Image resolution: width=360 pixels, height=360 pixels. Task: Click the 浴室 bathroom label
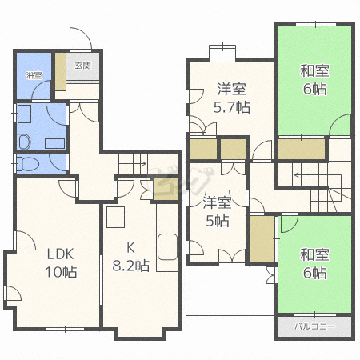coord(34,75)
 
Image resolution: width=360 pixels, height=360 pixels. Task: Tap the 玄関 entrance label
coord(83,66)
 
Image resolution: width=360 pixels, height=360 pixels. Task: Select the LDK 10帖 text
coord(61,263)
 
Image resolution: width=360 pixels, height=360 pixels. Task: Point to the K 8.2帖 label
coord(130,257)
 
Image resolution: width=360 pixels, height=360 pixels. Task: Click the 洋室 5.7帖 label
coord(232,98)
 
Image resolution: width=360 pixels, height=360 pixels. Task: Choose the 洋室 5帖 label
coord(218,211)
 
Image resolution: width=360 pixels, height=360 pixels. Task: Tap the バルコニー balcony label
coord(314,326)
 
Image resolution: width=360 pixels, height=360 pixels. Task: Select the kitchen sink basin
coord(168,247)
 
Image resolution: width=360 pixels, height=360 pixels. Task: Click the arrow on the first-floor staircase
coord(133,163)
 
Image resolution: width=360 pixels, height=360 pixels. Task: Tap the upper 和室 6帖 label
coord(314,80)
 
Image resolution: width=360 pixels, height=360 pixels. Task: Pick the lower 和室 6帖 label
coord(314,263)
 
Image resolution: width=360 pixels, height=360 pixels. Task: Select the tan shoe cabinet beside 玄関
coord(61,71)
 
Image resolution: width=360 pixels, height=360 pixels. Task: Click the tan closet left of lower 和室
coord(262,239)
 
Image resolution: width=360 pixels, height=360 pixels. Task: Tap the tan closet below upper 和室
coord(302,149)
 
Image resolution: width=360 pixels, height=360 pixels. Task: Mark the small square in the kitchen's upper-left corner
coord(116,217)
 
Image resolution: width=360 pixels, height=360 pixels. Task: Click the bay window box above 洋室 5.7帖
coord(222,53)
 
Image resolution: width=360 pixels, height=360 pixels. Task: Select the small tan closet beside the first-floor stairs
coord(166,189)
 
